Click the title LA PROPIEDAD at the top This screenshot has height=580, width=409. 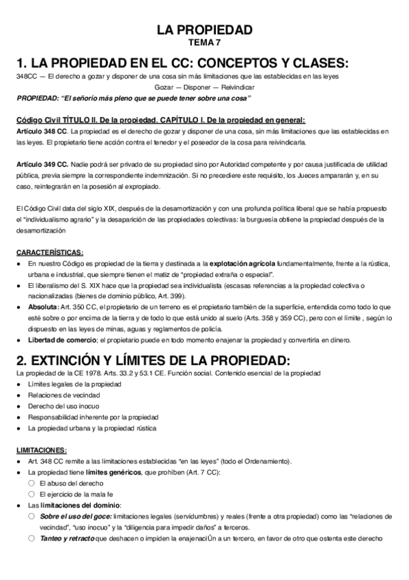204,29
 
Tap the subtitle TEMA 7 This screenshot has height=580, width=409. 204,43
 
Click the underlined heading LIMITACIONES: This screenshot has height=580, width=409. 42,450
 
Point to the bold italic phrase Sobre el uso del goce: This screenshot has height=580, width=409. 75,516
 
